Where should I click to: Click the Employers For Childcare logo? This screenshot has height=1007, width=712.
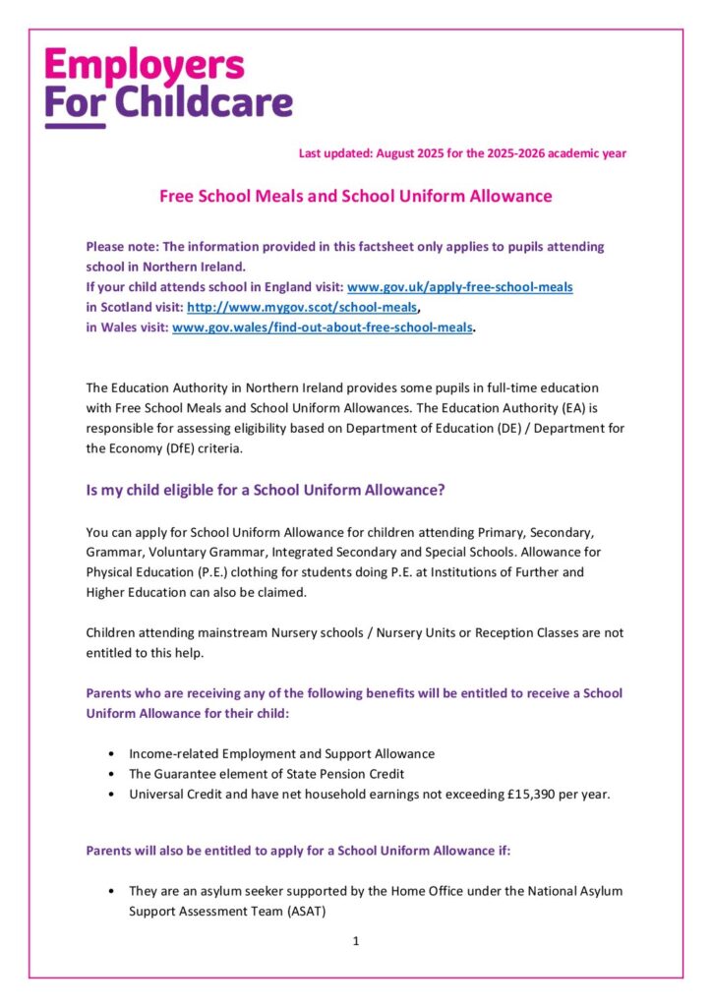167,85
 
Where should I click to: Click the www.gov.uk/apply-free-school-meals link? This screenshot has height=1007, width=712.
459,286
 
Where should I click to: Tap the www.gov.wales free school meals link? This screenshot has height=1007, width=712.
323,326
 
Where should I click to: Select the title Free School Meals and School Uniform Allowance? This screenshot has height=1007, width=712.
355,196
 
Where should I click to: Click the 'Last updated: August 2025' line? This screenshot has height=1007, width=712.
462,153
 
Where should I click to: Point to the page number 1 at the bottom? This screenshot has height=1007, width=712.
355,941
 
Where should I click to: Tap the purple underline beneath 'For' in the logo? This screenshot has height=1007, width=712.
75,125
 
